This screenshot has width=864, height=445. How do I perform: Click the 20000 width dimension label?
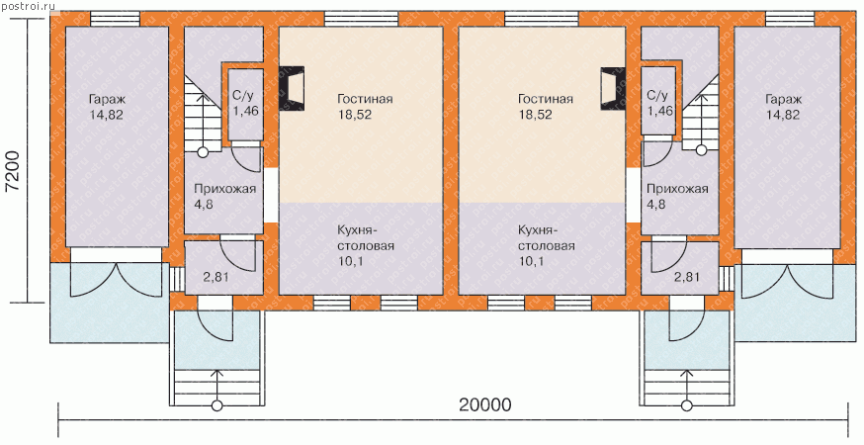pyautogui.click(x=485, y=405)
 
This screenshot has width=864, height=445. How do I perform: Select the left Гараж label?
pyautogui.click(x=107, y=100)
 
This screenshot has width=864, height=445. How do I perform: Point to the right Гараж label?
pyautogui.click(x=783, y=100)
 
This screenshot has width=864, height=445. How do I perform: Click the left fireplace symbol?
pyautogui.click(x=292, y=88)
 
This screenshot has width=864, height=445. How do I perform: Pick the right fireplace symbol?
pyautogui.click(x=613, y=88)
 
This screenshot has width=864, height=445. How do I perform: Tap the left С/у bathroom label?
pyautogui.click(x=244, y=95)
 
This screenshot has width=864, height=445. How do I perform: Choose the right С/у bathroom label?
pyautogui.click(x=659, y=95)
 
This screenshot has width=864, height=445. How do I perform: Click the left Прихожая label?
pyautogui.click(x=224, y=189)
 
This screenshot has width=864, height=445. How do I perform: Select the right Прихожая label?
pyautogui.click(x=677, y=189)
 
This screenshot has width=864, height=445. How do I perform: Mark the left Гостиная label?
pyautogui.click(x=365, y=99)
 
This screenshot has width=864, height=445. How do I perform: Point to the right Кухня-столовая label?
pyautogui.click(x=547, y=237)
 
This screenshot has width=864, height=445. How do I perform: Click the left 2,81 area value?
pyautogui.click(x=216, y=277)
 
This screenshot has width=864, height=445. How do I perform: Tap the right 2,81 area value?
pyautogui.click(x=686, y=277)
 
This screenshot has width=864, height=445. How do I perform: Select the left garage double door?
pyautogui.click(x=117, y=280)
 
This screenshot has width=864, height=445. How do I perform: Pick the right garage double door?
pyautogui.click(x=787, y=280)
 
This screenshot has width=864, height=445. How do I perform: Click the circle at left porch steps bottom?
pyautogui.click(x=217, y=405)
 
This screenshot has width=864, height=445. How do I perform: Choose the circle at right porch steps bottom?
pyautogui.click(x=687, y=405)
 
